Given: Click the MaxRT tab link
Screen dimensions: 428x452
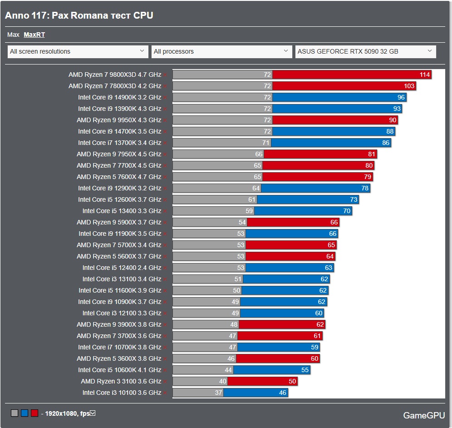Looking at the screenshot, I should coord(34,35).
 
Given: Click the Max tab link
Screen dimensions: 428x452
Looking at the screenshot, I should coord(13,35).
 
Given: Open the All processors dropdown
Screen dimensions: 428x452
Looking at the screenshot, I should coord(221,51).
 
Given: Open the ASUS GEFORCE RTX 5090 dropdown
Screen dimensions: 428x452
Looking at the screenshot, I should coord(365,51).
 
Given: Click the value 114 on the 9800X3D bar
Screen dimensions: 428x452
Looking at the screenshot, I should coord(425,75).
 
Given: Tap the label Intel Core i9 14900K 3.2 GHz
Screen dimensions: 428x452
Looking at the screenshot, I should coord(119,97).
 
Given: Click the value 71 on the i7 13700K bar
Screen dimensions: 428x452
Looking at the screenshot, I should coord(266,143).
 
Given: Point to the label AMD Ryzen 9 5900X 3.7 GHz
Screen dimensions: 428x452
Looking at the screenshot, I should coord(119,222).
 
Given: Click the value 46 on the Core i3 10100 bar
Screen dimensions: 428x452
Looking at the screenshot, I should coord(283,393).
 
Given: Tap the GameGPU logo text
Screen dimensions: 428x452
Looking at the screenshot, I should coord(424,415).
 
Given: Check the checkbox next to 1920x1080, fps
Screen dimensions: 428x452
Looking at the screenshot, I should coord(93,413).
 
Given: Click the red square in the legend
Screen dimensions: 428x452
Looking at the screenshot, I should coord(34,413).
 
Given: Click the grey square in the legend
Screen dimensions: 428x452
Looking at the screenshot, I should coord(15,413).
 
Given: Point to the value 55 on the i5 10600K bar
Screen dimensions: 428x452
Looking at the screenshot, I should coord(305,370).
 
